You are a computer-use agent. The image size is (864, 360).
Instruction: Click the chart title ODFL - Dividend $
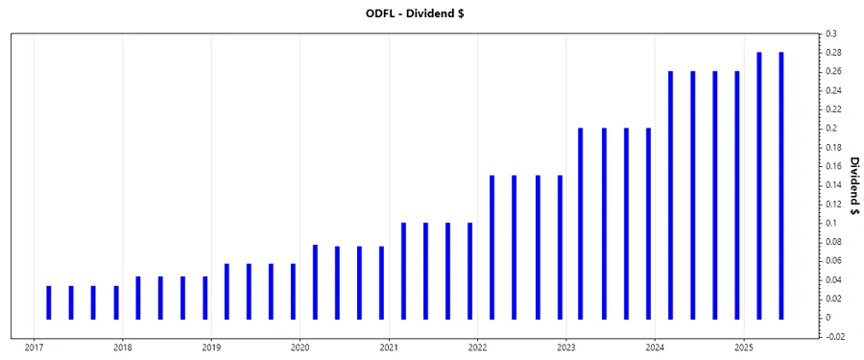click(x=431, y=12)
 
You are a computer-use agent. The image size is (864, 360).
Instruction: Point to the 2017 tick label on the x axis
click(x=34, y=348)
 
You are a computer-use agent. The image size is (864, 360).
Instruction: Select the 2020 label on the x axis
click(x=300, y=348)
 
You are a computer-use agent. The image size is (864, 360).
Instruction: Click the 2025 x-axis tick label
click(x=743, y=348)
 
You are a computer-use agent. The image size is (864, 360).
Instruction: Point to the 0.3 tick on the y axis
click(x=830, y=34)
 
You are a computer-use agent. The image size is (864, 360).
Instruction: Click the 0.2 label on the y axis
click(x=830, y=128)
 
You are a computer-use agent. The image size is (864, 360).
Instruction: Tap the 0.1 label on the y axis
click(x=830, y=223)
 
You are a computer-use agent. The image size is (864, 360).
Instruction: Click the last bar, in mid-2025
click(x=781, y=185)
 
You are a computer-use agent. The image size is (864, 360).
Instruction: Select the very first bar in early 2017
click(x=49, y=302)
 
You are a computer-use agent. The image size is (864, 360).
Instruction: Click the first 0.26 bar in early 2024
click(x=670, y=195)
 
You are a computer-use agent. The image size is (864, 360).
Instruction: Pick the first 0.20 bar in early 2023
click(x=581, y=224)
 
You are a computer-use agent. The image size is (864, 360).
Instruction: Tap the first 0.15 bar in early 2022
click(x=492, y=247)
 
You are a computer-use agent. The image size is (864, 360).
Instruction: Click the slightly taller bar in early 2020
click(x=315, y=281)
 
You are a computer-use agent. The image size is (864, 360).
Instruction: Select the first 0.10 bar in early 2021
click(x=403, y=271)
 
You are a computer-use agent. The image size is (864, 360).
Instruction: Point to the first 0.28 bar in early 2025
click(x=759, y=185)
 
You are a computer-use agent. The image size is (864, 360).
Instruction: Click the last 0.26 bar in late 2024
click(x=737, y=195)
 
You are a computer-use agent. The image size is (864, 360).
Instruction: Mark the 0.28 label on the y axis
click(x=832, y=53)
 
